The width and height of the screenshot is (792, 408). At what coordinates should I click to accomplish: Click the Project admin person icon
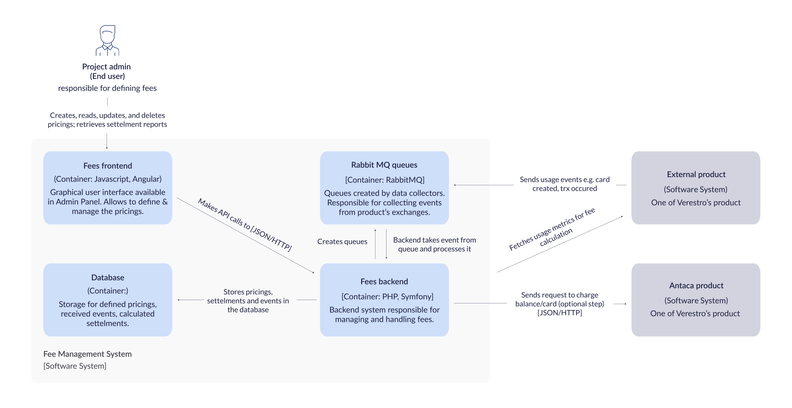[x=107, y=41]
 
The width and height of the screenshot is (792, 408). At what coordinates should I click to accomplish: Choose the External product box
[x=696, y=188]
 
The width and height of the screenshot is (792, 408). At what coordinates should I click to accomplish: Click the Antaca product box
[x=696, y=300]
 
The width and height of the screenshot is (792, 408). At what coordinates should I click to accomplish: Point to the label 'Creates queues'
[x=342, y=242]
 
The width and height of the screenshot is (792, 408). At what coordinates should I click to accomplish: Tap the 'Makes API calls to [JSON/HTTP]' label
[x=245, y=225]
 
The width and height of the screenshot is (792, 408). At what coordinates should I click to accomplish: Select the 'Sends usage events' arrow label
[x=564, y=184]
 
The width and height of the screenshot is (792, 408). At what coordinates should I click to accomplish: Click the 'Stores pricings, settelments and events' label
[x=248, y=301]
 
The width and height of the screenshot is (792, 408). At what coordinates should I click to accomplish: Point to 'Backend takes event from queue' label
[x=434, y=245]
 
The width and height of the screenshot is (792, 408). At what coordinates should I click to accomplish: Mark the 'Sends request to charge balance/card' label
[x=560, y=304]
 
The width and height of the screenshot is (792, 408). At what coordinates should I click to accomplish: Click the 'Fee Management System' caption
[x=88, y=354]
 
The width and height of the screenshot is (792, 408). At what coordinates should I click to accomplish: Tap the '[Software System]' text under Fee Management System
[x=75, y=366]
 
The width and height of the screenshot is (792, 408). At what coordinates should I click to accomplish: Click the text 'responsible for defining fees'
[x=107, y=88]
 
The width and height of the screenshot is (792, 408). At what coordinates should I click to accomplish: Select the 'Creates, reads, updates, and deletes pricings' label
[x=107, y=120]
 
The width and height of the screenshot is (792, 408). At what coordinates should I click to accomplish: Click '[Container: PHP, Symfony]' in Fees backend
[x=387, y=296]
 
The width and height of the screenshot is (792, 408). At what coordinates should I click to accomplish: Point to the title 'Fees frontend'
[x=107, y=166]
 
